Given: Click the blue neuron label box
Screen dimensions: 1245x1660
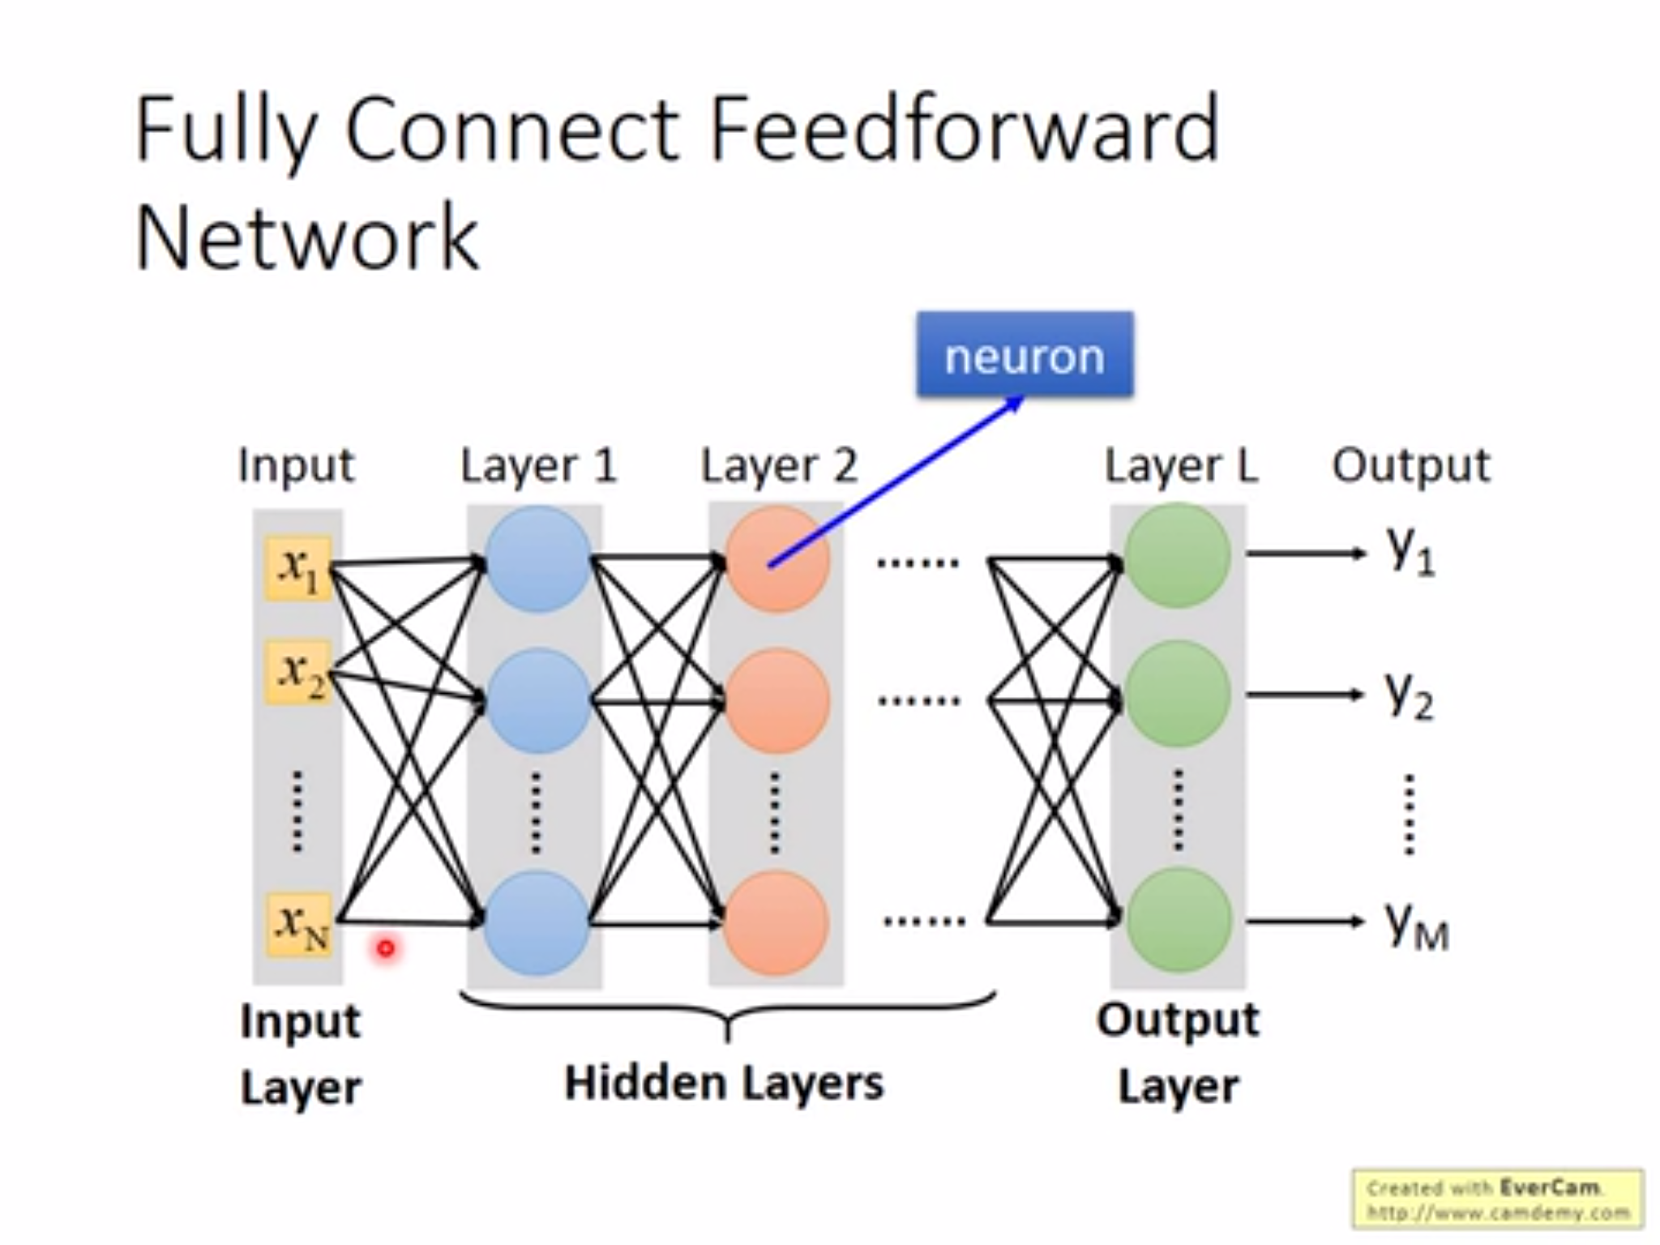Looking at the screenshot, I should [x=1025, y=354].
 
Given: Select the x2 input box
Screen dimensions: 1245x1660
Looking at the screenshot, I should [x=298, y=674].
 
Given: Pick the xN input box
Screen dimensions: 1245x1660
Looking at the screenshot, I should [x=298, y=925].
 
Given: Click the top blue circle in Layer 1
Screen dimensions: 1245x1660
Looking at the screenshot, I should [x=537, y=558].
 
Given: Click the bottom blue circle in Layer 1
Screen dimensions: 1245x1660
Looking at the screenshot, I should [x=536, y=922].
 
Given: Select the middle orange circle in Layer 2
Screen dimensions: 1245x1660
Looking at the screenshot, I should [x=777, y=700].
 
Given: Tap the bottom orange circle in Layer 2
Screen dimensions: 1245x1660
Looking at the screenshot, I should [x=776, y=922].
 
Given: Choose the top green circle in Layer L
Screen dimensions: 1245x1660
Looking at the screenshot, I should [x=1178, y=555].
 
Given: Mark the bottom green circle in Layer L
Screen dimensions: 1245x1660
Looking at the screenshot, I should [x=1178, y=919].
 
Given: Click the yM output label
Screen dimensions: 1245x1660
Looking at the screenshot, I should [x=1415, y=926].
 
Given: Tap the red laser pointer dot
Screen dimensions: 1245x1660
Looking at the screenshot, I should [x=386, y=948].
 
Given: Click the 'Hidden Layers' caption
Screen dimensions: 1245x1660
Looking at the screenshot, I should [x=723, y=1083].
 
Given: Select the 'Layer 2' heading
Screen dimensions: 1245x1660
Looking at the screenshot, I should [x=778, y=465].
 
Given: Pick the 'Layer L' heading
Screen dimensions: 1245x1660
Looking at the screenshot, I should [x=1181, y=465].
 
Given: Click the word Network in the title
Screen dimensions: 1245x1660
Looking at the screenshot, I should [x=306, y=238].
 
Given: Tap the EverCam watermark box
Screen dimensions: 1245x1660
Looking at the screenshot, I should [x=1497, y=1199].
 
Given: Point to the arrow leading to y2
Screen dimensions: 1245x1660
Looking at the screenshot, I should [x=1305, y=695].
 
